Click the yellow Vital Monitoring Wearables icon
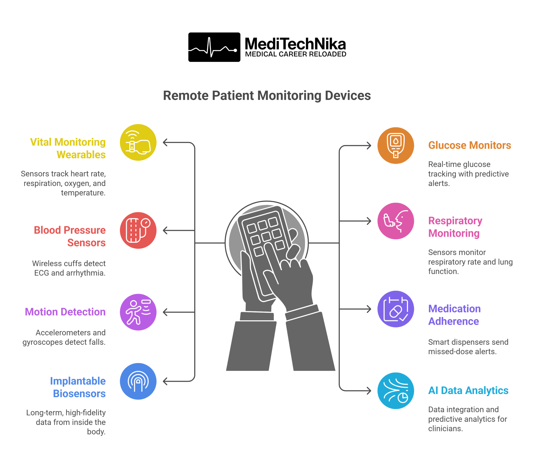[138, 142]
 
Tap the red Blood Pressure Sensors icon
[138, 230]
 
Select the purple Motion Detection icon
[138, 312]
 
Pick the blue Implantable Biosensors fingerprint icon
[138, 381]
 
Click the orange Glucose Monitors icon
[396, 146]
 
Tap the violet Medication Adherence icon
[396, 309]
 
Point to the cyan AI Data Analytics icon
[396, 390]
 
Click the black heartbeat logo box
[214, 47]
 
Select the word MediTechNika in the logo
[295, 44]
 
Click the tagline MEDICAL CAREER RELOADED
[296, 54]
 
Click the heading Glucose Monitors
[469, 145]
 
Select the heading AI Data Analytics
[468, 390]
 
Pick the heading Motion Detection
[65, 312]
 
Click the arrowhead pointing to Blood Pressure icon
[165, 230]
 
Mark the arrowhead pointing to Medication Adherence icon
[369, 309]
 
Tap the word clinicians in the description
[445, 428]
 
